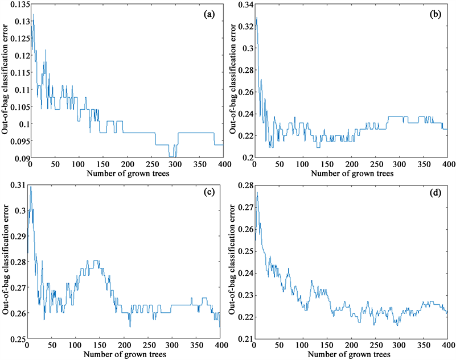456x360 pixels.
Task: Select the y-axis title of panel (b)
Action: pyautogui.click(x=233, y=81)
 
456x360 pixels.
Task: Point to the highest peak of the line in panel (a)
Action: pyautogui.click(x=34, y=14)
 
